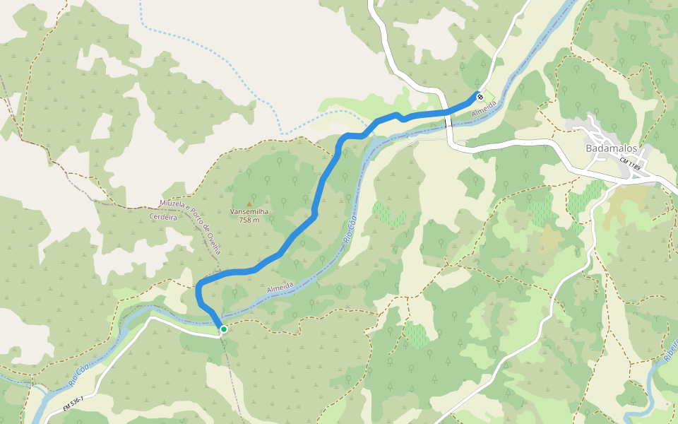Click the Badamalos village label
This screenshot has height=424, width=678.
point(612,148)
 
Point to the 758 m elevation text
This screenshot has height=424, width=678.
point(249,220)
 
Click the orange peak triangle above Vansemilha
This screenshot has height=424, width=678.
point(249,204)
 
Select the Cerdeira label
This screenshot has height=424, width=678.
point(164,217)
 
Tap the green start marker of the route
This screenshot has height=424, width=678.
point(224,329)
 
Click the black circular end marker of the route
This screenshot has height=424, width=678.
point(480,97)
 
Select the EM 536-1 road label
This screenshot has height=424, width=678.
point(73,404)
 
